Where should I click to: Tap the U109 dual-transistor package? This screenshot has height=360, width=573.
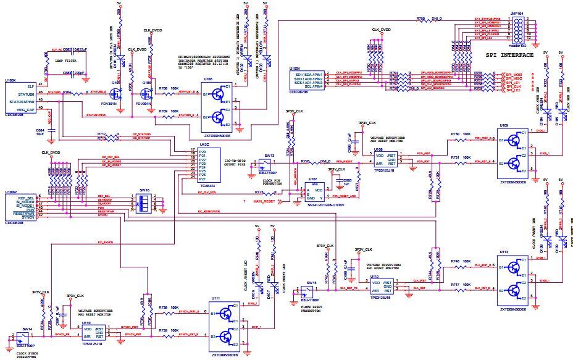(x=513, y=151)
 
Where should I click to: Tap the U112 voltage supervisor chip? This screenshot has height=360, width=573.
(x=383, y=286)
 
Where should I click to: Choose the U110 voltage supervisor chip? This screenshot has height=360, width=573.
(x=93, y=334)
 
